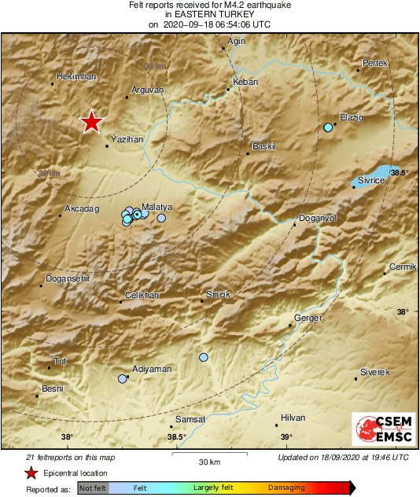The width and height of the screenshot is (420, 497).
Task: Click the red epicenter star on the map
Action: (x=92, y=122)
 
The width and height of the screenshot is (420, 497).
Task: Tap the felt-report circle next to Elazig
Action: (x=329, y=127)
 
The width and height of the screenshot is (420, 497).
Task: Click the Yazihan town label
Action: (x=128, y=138)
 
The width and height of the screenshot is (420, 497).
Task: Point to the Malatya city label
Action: (x=157, y=207)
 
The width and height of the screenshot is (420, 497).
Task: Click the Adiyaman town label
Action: (x=151, y=369)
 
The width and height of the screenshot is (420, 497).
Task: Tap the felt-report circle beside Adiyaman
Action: (x=122, y=379)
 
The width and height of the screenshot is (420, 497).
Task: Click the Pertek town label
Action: (x=375, y=62)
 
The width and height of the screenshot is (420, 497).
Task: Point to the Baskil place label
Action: (x=263, y=147)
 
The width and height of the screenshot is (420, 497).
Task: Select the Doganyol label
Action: (x=319, y=218)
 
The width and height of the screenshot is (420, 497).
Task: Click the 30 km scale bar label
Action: (x=209, y=461)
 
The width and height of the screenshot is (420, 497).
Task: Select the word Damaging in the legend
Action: (x=286, y=488)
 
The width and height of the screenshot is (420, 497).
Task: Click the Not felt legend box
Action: (x=92, y=488)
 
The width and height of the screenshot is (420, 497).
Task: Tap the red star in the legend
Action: (x=31, y=473)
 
